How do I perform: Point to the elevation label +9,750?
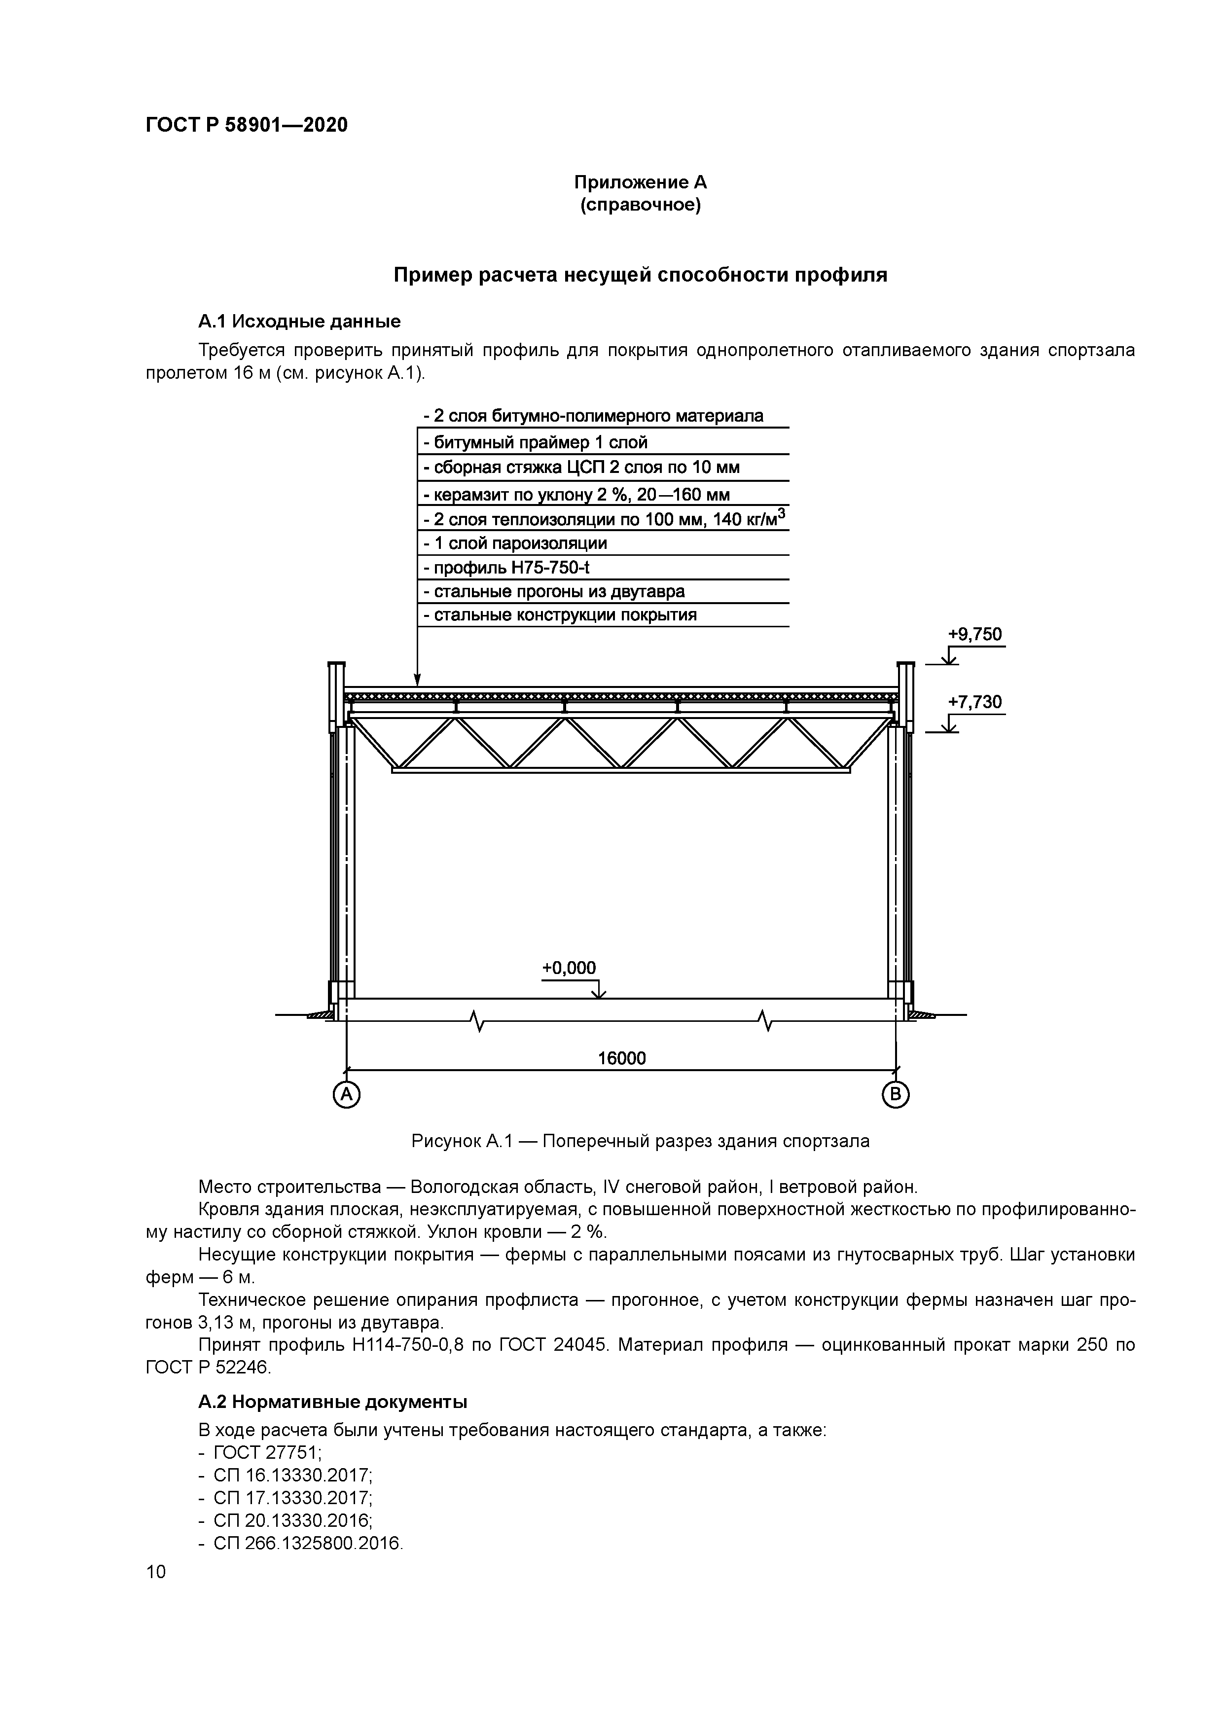coord(974,634)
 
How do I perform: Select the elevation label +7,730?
coord(974,702)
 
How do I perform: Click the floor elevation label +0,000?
coord(569,968)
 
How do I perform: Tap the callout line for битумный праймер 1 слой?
coord(535,442)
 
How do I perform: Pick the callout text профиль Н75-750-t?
coord(505,567)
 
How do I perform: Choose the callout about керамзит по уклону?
coord(576,494)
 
